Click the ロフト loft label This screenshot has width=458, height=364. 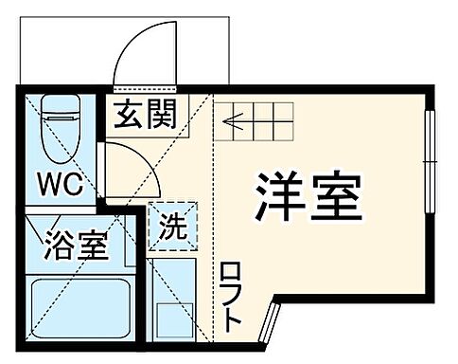coord(231,297)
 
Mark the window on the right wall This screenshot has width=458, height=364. coord(432,166)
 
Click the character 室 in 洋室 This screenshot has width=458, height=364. coord(335,196)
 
